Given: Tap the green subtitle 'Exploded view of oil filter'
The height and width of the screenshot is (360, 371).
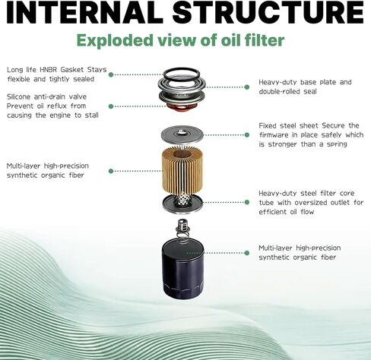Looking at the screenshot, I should point(185,41).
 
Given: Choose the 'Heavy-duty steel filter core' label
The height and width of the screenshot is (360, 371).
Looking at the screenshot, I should point(303,193).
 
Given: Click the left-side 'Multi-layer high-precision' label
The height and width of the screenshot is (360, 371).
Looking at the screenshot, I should point(51,166).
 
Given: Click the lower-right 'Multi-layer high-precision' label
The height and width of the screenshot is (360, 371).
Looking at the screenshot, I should point(300,248).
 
